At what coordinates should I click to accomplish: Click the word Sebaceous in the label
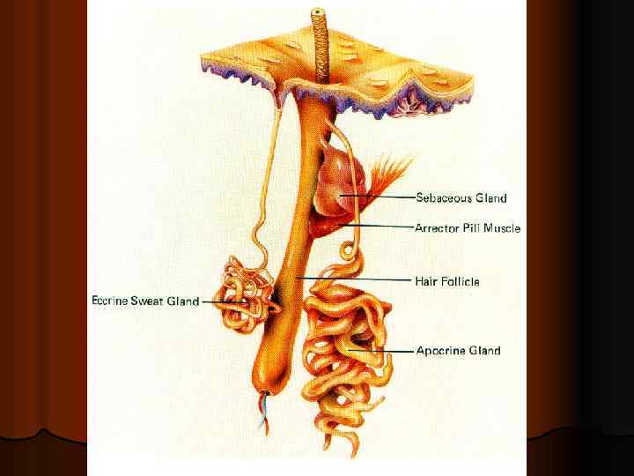pyautogui.click(x=445, y=198)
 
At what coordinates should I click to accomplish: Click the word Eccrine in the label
pyautogui.click(x=110, y=301)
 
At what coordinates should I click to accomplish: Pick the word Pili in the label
pyautogui.click(x=476, y=228)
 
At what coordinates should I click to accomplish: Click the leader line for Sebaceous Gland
pyautogui.click(x=379, y=196)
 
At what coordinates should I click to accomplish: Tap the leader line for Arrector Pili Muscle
pyautogui.click(x=379, y=227)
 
